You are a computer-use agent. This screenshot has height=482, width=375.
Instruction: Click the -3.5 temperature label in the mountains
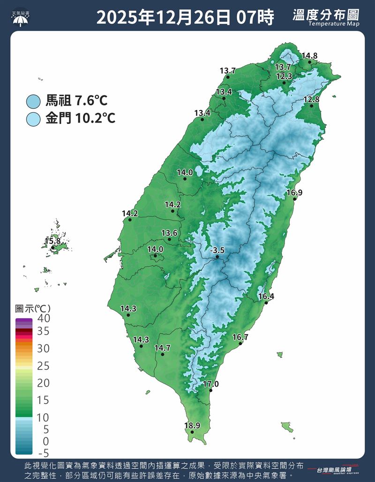click(x=217, y=251)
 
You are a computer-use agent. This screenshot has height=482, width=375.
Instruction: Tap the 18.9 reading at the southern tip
click(x=192, y=426)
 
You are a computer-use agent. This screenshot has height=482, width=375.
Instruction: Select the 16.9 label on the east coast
click(x=294, y=192)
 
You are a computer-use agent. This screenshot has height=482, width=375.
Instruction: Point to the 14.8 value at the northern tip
click(x=309, y=56)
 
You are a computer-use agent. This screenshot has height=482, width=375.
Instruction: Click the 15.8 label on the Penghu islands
click(x=52, y=241)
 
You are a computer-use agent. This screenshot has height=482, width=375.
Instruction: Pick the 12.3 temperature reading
click(x=284, y=76)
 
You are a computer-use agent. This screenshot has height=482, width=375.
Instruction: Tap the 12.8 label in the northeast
click(x=311, y=99)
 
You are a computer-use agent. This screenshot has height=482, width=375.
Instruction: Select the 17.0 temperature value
click(x=211, y=384)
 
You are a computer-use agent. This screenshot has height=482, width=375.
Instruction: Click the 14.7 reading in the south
click(x=162, y=348)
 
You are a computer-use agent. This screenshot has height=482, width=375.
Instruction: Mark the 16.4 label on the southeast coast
click(x=266, y=296)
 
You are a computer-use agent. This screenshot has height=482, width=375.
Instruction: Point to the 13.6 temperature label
click(x=169, y=233)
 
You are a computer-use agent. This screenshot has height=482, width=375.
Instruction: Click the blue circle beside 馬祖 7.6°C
click(x=34, y=101)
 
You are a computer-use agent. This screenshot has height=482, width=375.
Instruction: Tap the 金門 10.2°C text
click(x=80, y=118)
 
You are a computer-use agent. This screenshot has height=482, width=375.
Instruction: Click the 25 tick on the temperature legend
click(x=44, y=366)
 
